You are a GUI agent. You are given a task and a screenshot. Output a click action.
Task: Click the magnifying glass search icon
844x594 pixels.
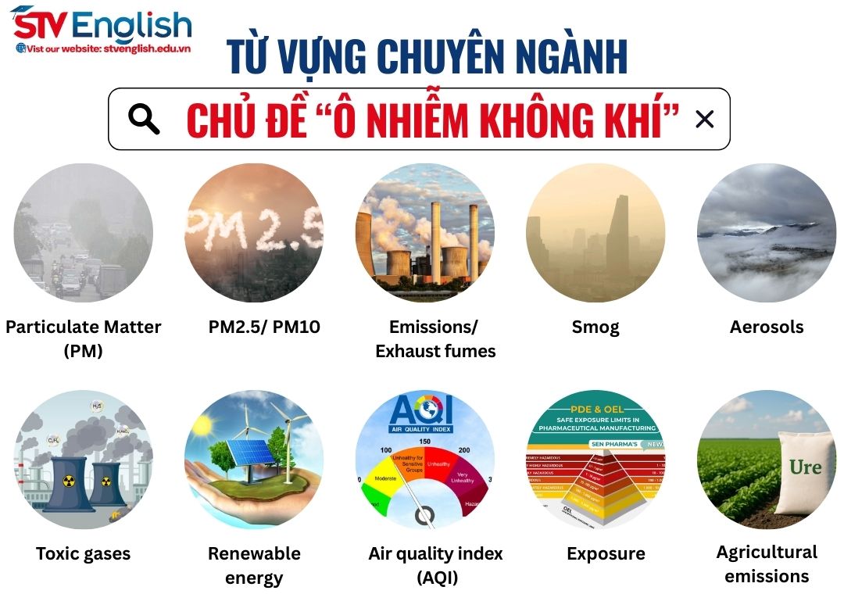tap(144, 119)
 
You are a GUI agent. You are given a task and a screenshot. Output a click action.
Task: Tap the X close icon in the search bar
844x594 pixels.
tap(704, 119)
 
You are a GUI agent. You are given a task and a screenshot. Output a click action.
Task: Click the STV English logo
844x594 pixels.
tap(102, 27)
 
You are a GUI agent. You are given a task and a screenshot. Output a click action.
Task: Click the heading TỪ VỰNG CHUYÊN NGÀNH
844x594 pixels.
tap(427, 56)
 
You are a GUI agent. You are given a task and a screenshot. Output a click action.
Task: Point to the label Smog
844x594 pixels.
tap(595, 327)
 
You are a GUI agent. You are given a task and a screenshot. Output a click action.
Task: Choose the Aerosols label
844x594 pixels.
tap(767, 327)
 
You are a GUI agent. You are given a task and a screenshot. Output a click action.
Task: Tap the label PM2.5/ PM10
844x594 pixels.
tap(264, 327)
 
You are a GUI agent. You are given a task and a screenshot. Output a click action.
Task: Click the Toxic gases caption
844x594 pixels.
tap(83, 554)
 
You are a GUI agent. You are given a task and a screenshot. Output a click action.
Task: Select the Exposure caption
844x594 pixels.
tap(606, 554)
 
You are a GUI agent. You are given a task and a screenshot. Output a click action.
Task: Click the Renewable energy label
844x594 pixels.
tap(254, 565)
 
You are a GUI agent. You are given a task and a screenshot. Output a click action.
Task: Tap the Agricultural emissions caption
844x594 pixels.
tap(767, 564)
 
